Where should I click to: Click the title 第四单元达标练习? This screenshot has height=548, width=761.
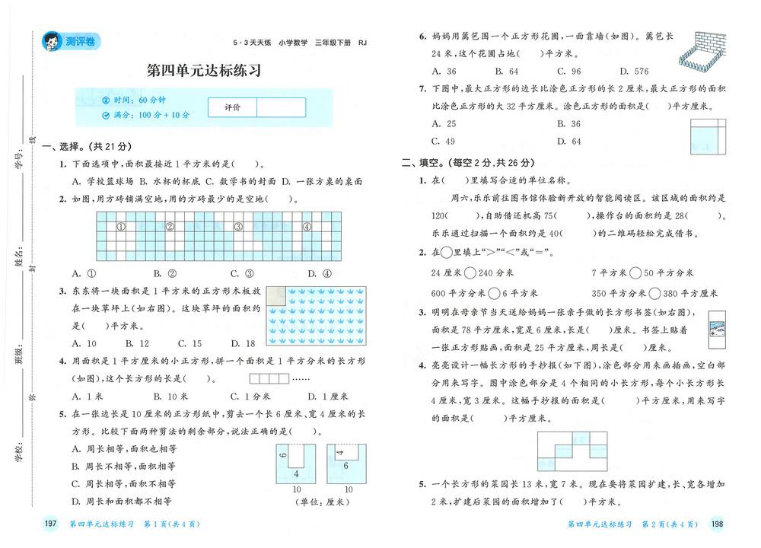(203, 71)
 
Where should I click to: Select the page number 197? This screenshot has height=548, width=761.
(51, 524)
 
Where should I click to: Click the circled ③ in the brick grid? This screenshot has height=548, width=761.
(237, 226)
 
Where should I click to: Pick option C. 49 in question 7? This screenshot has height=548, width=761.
(443, 141)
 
